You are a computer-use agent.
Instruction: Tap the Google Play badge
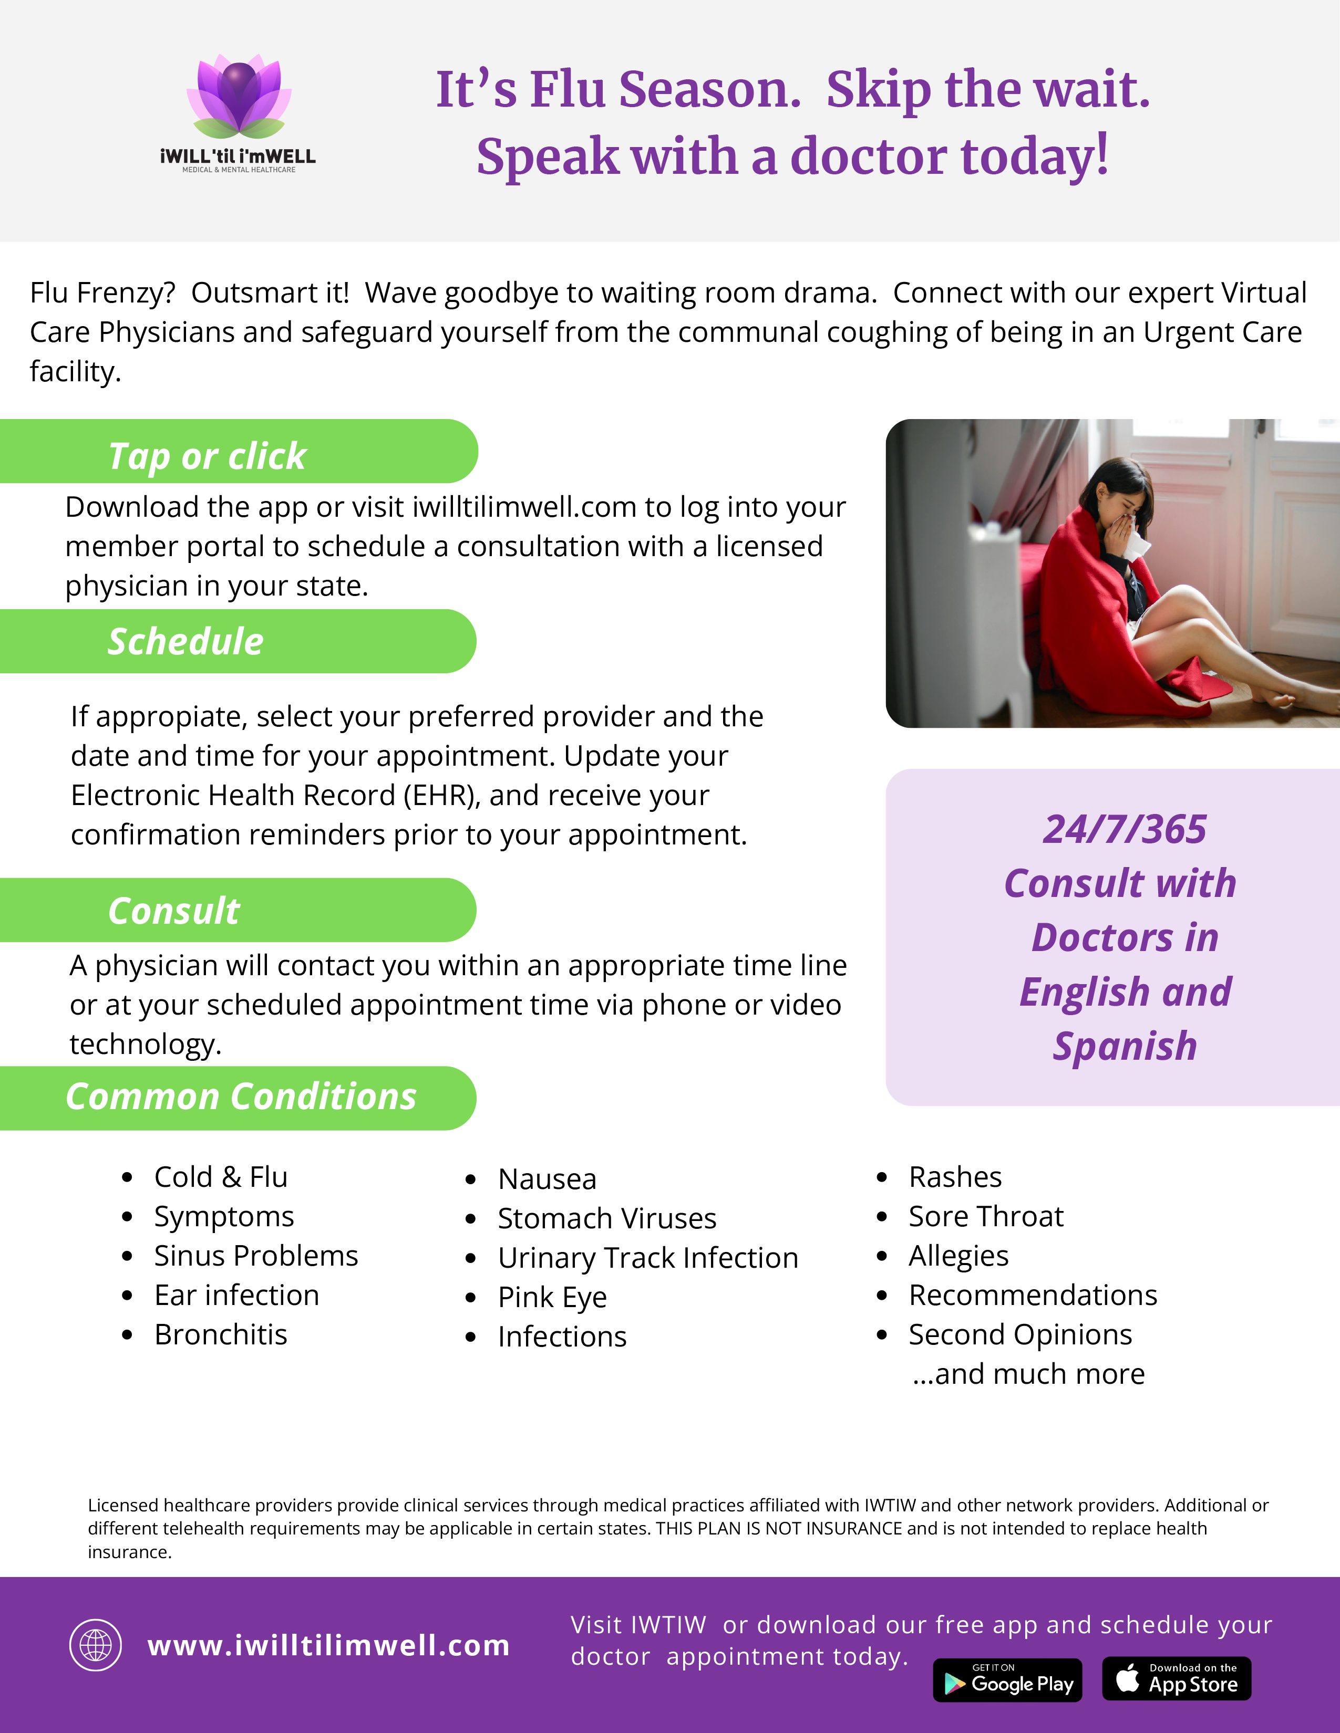tap(1007, 1680)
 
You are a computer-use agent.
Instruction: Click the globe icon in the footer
tap(95, 1645)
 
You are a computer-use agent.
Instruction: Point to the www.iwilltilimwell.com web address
tap(328, 1645)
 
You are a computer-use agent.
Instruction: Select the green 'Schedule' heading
tap(185, 641)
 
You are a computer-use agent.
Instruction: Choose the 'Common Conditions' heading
tap(241, 1097)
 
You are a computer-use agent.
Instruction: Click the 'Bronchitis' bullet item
tap(221, 1334)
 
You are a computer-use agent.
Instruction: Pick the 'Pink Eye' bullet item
tap(552, 1297)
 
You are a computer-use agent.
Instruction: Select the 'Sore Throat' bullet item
tap(985, 1216)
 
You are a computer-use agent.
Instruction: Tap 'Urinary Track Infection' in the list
tap(648, 1258)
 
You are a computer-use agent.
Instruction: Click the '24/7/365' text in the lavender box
tap(1124, 829)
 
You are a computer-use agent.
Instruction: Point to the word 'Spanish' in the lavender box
tap(1124, 1046)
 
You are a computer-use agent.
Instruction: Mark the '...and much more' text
tap(1028, 1374)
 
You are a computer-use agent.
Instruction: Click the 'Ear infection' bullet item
tap(236, 1295)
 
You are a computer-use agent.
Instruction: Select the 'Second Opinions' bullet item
tap(1020, 1334)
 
